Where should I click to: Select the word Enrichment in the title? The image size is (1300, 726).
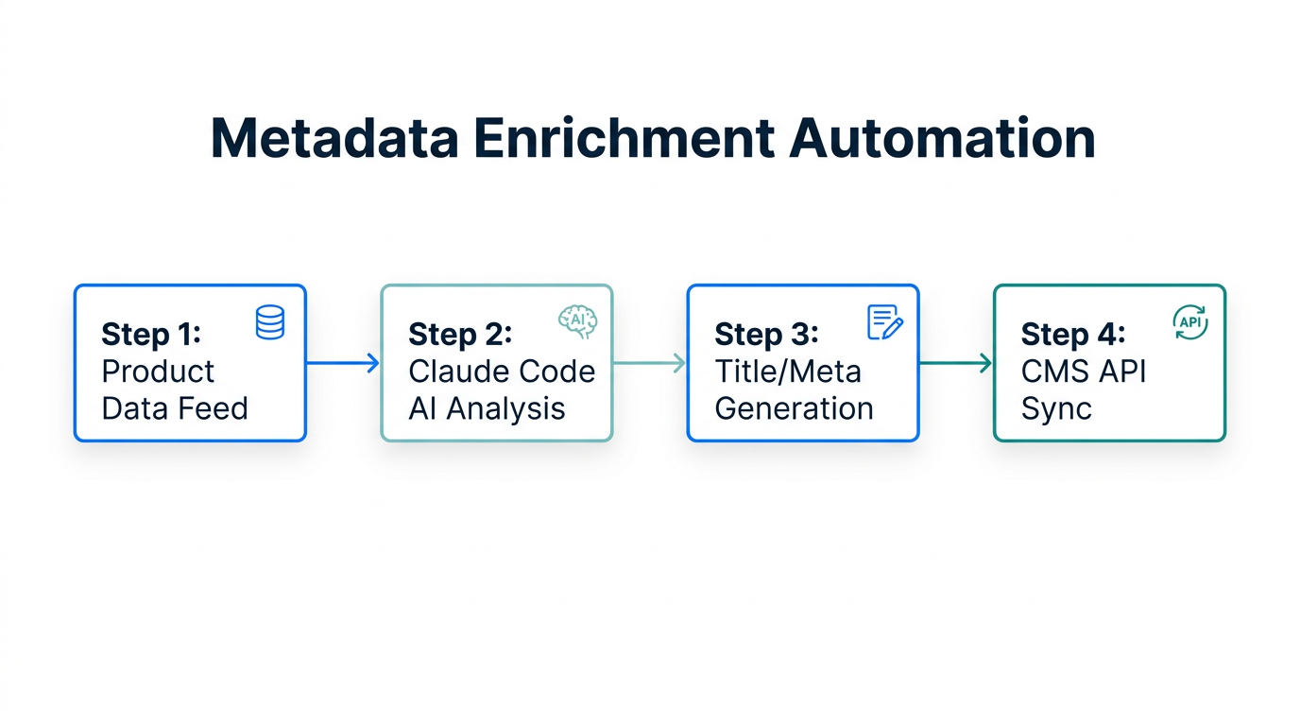tap(624, 138)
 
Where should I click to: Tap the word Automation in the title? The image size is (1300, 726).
tap(942, 138)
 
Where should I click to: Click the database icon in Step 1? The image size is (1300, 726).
tap(270, 322)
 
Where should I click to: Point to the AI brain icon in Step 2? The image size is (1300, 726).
tap(577, 321)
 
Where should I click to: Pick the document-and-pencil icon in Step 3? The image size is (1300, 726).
tap(884, 322)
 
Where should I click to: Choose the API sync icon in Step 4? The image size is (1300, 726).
tap(1189, 322)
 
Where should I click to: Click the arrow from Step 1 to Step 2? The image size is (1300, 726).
tap(342, 363)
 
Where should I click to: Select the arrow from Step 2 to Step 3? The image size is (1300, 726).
tap(649, 363)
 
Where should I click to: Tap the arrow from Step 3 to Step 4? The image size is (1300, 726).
tap(955, 363)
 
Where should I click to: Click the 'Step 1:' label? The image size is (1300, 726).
tap(151, 334)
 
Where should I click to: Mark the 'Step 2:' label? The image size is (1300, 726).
tap(460, 334)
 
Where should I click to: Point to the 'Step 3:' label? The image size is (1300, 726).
tap(766, 334)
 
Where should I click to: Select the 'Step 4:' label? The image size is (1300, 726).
tap(1073, 334)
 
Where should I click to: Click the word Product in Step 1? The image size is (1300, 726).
tap(158, 372)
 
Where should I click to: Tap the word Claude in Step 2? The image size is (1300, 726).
tap(456, 372)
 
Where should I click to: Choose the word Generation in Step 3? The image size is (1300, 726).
tap(794, 408)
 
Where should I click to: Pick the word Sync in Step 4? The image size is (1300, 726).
tap(1056, 408)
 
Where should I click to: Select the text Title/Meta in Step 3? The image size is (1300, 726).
tap(788, 372)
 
